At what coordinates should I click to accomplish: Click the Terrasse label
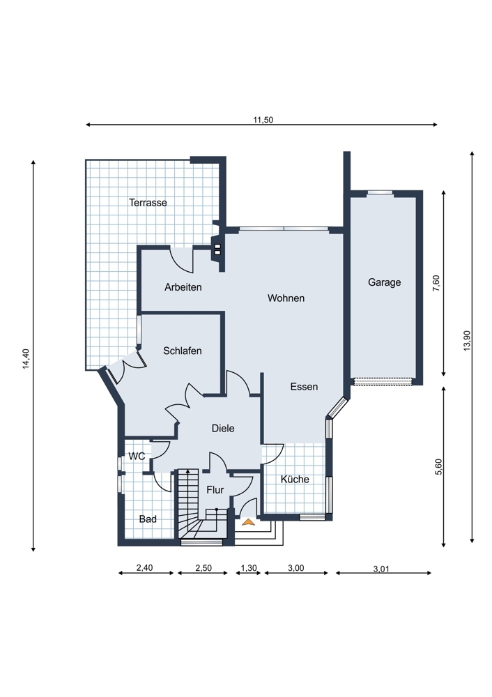tap(148, 203)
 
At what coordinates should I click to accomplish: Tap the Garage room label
tap(385, 283)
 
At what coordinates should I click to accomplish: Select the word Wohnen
tap(286, 298)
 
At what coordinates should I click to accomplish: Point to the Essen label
tap(304, 387)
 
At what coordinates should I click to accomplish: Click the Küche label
tap(295, 480)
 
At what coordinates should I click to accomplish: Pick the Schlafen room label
tap(182, 351)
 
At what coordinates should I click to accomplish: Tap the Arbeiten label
tap(183, 288)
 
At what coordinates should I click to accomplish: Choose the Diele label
tap(223, 429)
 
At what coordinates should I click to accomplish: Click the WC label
tap(137, 457)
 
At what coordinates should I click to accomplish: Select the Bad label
tap(148, 519)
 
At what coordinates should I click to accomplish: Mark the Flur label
tap(215, 490)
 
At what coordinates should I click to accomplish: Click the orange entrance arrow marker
tap(249, 522)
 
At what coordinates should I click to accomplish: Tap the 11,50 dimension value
tap(263, 120)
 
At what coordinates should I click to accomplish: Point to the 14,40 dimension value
tap(26, 359)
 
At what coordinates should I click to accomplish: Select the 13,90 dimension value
tap(467, 342)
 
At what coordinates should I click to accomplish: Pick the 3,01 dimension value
tap(381, 569)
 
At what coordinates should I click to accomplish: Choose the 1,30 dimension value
tap(249, 568)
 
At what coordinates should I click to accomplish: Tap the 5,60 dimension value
tap(438, 467)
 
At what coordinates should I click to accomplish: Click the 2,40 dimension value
tap(144, 567)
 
